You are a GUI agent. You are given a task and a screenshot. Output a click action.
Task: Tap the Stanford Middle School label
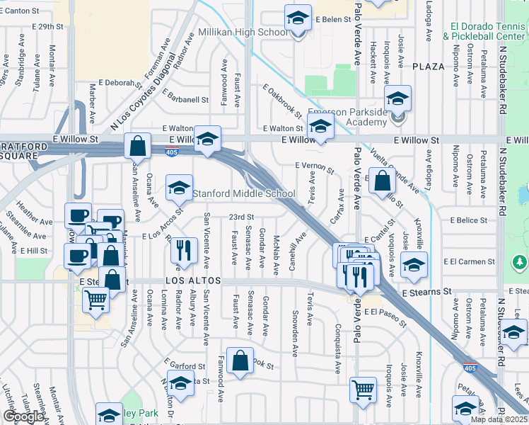click(x=244, y=194)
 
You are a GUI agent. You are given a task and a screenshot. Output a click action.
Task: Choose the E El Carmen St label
click(x=465, y=261)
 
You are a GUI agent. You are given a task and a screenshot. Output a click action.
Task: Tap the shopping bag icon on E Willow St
click(x=138, y=146)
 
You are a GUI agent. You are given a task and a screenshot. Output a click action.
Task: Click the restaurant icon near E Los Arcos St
click(x=184, y=249)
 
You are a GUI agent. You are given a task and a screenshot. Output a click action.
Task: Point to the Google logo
click(x=23, y=416)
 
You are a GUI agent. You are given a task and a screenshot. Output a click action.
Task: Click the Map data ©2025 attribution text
click(x=499, y=419)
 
